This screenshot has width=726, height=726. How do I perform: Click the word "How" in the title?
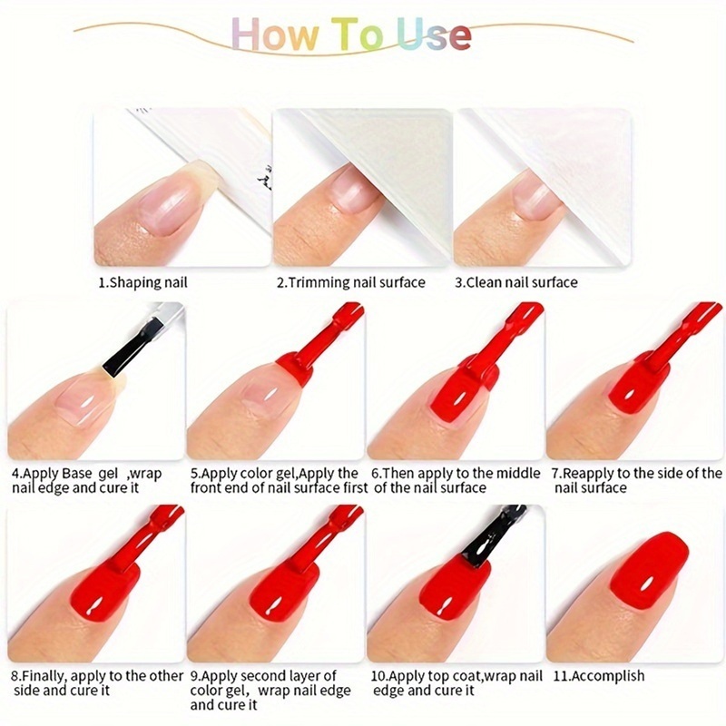(275, 34)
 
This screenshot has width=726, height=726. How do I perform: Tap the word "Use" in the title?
(434, 34)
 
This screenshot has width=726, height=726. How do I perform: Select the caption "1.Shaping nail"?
(142, 282)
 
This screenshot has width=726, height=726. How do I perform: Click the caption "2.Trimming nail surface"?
(351, 282)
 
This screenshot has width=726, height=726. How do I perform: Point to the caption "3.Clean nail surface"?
(516, 282)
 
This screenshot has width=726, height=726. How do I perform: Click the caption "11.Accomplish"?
(599, 676)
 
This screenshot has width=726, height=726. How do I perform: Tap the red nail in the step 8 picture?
(105, 594)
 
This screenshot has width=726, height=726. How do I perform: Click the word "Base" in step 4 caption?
(77, 474)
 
